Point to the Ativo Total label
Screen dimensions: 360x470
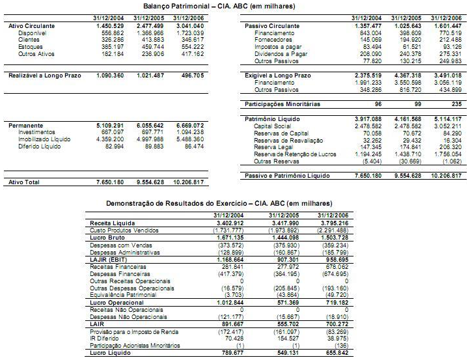(x=25, y=182)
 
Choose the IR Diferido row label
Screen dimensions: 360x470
(x=104, y=338)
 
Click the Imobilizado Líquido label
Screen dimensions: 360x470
(x=46, y=139)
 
